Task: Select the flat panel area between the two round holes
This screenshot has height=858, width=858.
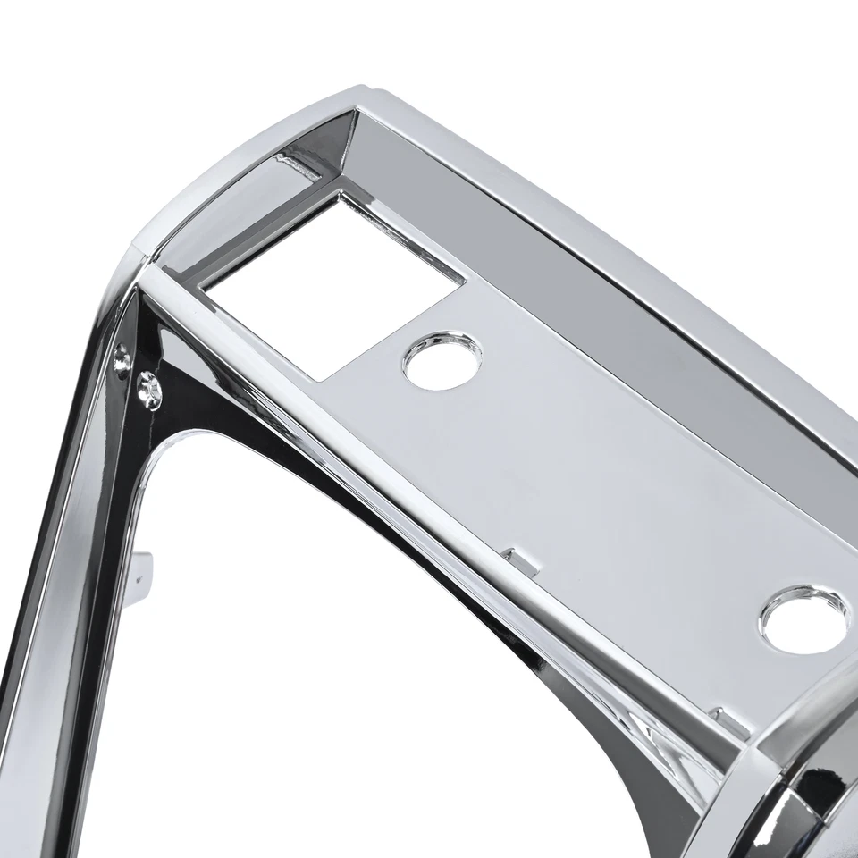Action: click(x=608, y=483)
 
